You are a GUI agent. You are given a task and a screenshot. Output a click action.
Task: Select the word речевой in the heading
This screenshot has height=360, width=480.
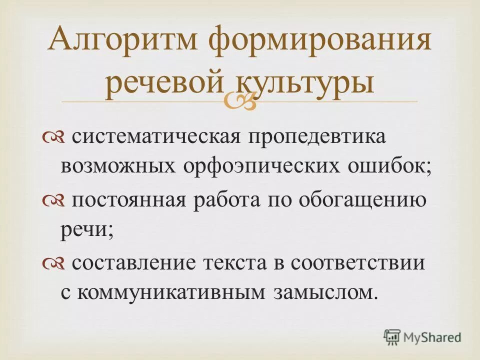pos(164,83)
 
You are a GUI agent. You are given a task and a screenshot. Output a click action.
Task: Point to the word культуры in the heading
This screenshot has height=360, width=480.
pos(305,83)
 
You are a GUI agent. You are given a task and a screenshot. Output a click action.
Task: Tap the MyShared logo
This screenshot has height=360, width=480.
pos(422,336)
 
